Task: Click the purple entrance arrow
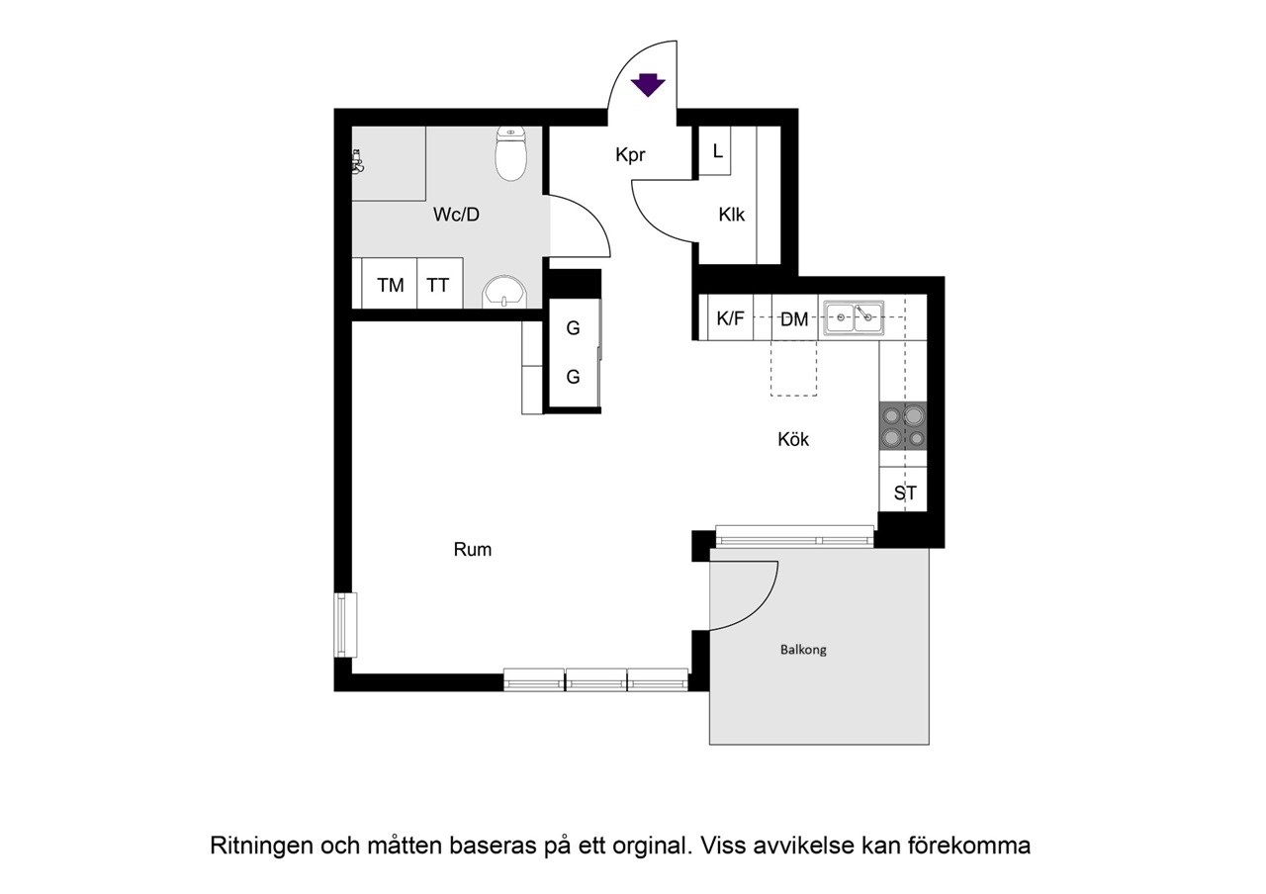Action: tap(648, 85)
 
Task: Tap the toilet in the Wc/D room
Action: tap(510, 155)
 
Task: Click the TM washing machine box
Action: tap(390, 286)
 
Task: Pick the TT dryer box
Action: tap(437, 286)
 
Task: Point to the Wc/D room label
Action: tap(456, 215)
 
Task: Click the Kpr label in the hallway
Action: tap(630, 155)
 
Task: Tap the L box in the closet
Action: tap(716, 152)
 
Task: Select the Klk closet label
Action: tap(732, 215)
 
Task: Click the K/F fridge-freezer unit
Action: tap(730, 318)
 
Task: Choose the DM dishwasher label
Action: tap(794, 319)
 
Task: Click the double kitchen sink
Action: tap(853, 317)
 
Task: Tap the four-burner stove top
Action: tap(903, 427)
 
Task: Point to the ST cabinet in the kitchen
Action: tap(904, 492)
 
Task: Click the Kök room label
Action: tap(793, 440)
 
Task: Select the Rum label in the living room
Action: tap(473, 550)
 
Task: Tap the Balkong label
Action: tap(803, 650)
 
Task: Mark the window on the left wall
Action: tap(344, 625)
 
